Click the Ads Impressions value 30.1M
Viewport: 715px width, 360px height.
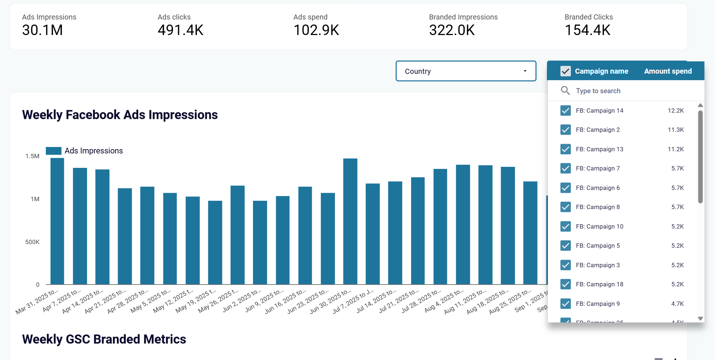point(43,30)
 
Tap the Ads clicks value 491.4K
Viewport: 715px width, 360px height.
point(180,30)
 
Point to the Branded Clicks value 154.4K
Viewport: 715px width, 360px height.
point(587,30)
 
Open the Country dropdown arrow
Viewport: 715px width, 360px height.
point(525,71)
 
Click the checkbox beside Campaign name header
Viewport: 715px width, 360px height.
point(565,71)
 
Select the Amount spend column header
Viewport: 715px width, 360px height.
point(668,71)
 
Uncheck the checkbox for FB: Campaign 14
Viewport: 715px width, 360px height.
point(565,110)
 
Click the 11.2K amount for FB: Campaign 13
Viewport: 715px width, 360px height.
point(675,149)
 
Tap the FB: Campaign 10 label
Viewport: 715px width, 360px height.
point(599,226)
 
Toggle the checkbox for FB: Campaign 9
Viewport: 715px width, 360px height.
point(565,304)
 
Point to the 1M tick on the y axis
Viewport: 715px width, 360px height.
point(35,199)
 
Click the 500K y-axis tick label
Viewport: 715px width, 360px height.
point(32,242)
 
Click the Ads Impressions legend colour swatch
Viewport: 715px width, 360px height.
point(54,151)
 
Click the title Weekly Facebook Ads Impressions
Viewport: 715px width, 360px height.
point(120,115)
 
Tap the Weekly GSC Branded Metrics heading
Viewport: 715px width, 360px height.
point(104,339)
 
